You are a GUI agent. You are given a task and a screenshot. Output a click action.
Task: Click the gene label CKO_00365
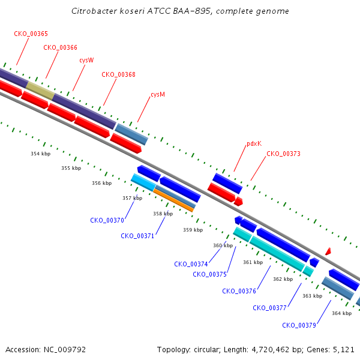tap(31, 34)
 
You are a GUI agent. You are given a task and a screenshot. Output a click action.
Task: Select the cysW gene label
tap(86, 60)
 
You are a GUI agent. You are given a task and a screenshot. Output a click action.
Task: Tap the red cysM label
tap(158, 94)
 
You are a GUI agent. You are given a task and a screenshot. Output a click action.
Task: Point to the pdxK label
tap(254, 144)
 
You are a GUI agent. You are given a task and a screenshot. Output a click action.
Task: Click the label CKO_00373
tap(283, 154)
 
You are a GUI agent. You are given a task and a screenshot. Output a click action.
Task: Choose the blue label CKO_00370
tap(107, 220)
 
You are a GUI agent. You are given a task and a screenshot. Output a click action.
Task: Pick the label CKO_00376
tap(239, 291)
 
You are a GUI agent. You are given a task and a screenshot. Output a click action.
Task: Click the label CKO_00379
tap(299, 325)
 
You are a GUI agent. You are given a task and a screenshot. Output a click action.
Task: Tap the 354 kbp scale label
tap(41, 154)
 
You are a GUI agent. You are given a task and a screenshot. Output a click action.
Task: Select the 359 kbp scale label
tap(193, 230)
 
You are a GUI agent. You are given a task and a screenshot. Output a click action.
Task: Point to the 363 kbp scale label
tap(312, 296)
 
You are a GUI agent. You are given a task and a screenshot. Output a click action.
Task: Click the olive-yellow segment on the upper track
tap(40, 91)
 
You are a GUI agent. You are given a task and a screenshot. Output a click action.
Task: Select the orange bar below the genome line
tap(173, 200)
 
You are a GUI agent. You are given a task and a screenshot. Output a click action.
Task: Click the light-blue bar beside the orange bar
tap(143, 182)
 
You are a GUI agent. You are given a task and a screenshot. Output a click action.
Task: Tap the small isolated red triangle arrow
tap(328, 251)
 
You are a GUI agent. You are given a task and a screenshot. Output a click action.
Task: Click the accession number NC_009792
tap(65, 350)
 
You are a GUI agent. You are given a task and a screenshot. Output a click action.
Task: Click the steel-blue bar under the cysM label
tap(131, 134)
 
